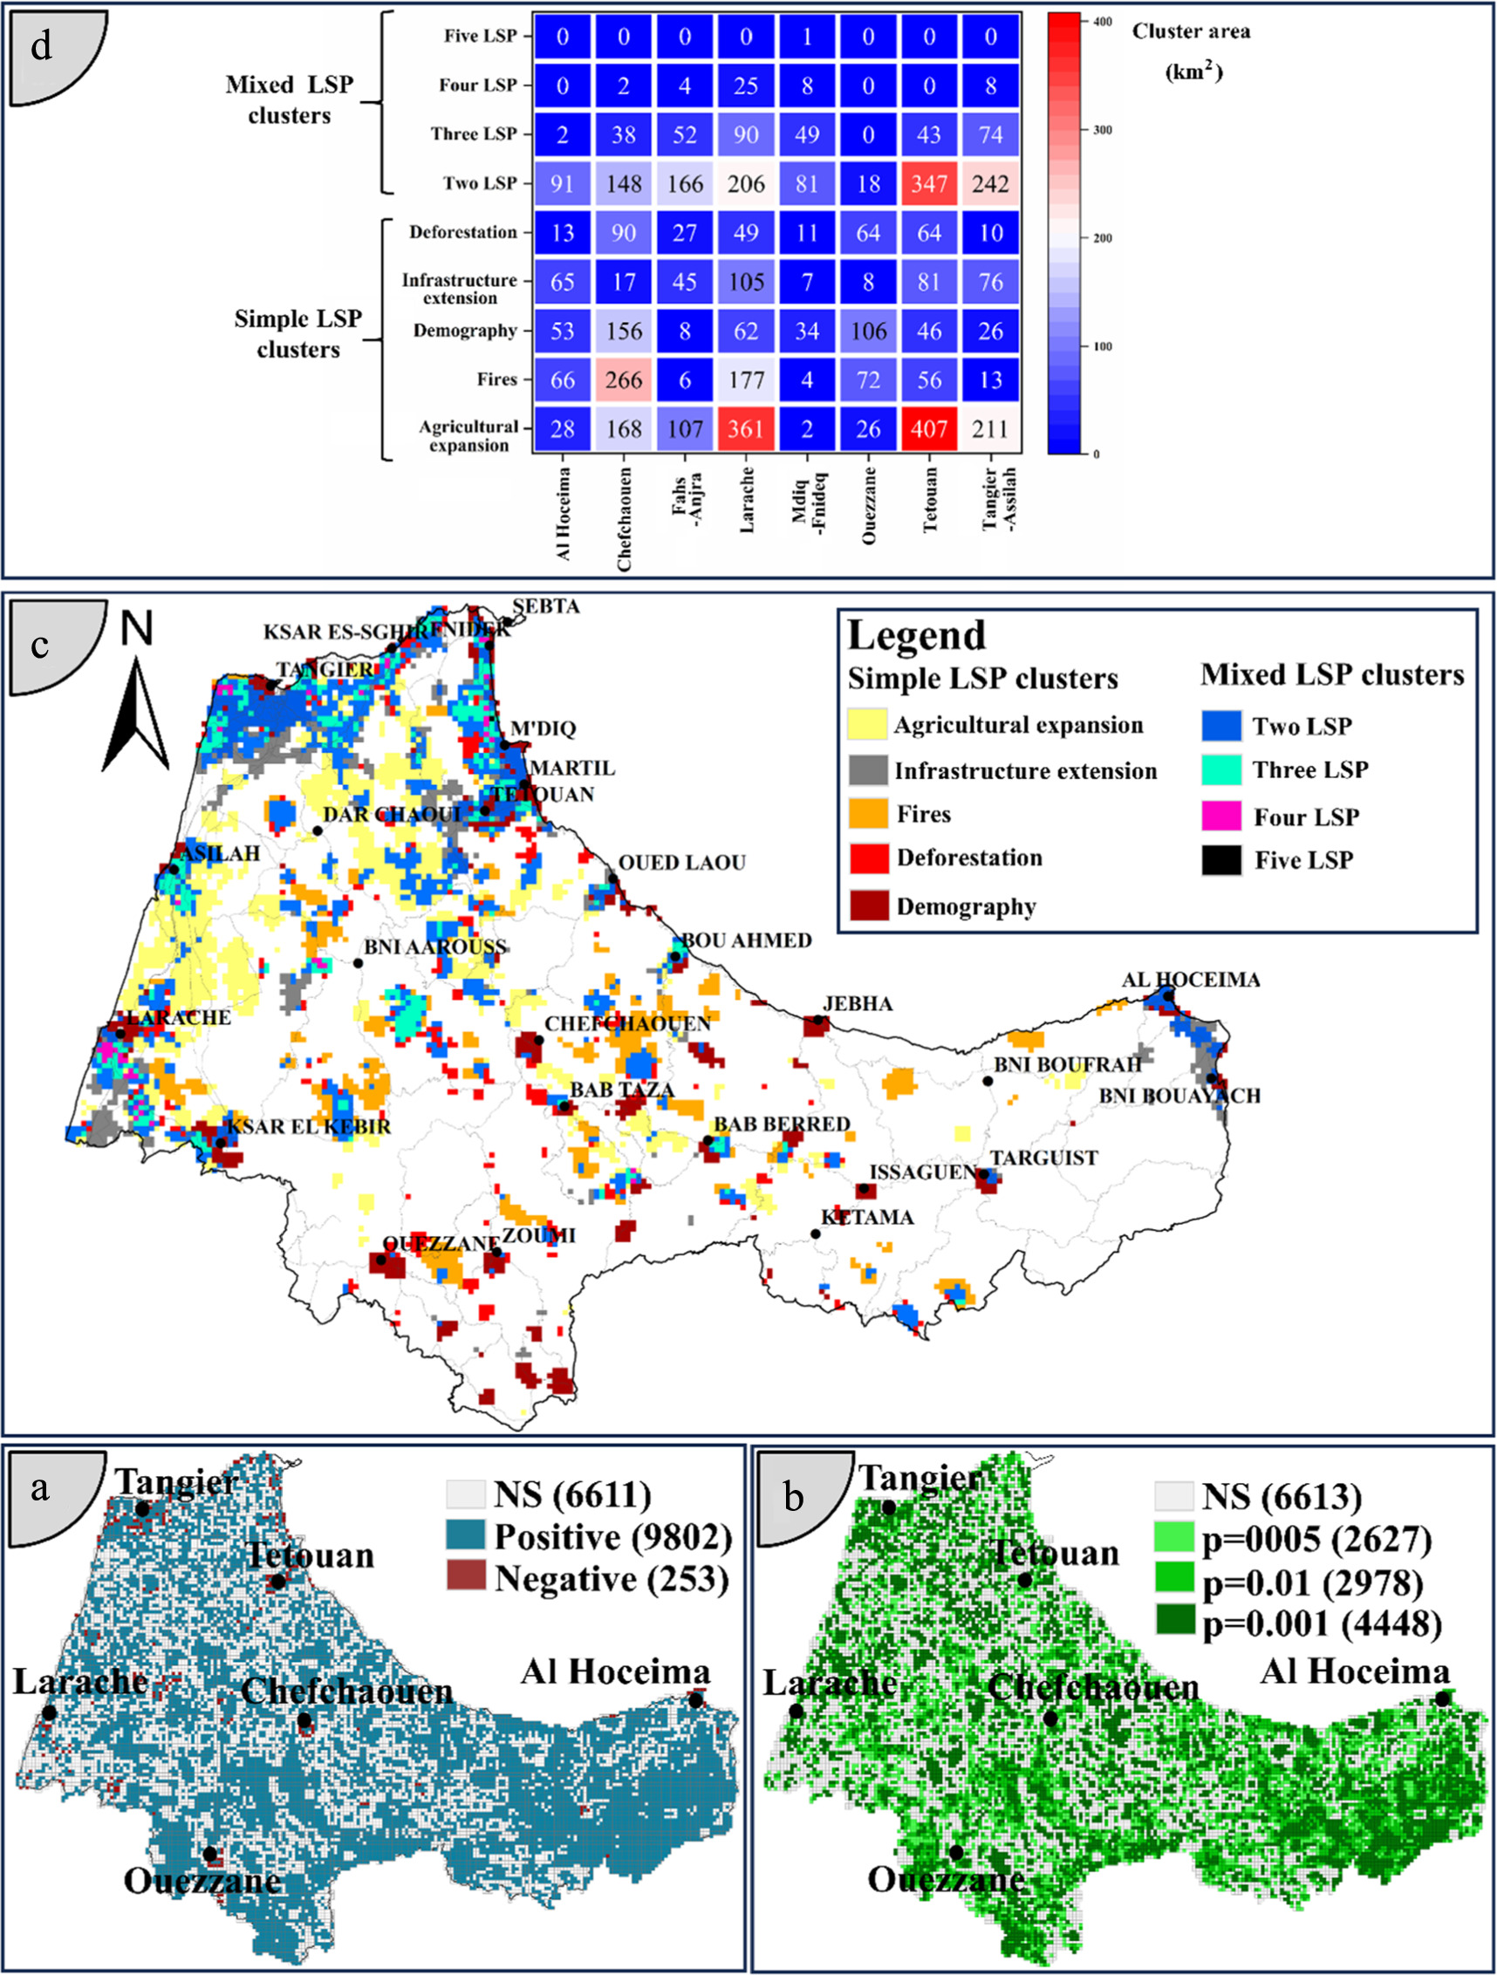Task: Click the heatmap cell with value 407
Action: coord(928,428)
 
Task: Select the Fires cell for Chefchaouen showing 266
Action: coord(623,379)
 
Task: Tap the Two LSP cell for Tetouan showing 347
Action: coord(928,184)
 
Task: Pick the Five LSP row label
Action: coord(481,37)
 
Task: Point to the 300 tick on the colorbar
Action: coord(1104,130)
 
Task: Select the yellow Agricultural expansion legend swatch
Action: coord(868,725)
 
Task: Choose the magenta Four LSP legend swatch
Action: coord(1221,816)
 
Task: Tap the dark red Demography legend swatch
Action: coord(868,905)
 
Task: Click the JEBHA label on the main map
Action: coord(857,1003)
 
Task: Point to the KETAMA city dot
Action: coord(815,1234)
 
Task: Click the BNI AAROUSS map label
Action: coord(435,947)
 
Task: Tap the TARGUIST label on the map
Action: coord(1042,1158)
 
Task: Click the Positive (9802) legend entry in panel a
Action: coord(612,1536)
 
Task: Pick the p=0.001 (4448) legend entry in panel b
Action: coord(1321,1624)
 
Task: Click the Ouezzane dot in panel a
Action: coord(209,1854)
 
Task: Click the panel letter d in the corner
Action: coord(41,44)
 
